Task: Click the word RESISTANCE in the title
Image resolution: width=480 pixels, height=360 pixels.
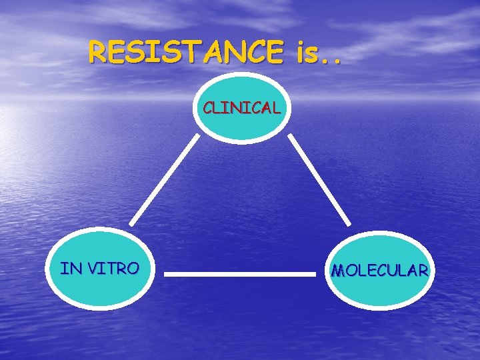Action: click(x=185, y=52)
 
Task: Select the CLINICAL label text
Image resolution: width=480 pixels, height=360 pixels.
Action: click(x=241, y=107)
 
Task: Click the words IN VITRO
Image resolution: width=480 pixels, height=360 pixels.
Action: click(x=99, y=269)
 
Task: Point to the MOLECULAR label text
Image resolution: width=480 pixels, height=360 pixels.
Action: click(x=380, y=271)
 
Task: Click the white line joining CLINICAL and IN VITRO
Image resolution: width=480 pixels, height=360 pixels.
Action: click(x=164, y=179)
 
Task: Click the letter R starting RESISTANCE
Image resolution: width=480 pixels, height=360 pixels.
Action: click(x=98, y=52)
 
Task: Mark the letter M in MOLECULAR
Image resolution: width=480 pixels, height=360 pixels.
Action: click(x=338, y=271)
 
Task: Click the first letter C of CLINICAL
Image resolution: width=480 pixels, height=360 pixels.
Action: click(x=209, y=107)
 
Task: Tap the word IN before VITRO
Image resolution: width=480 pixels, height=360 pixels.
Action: click(x=69, y=269)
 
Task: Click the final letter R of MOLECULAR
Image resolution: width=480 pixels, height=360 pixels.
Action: click(x=422, y=271)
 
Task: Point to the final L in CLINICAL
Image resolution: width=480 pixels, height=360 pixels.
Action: click(x=276, y=107)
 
